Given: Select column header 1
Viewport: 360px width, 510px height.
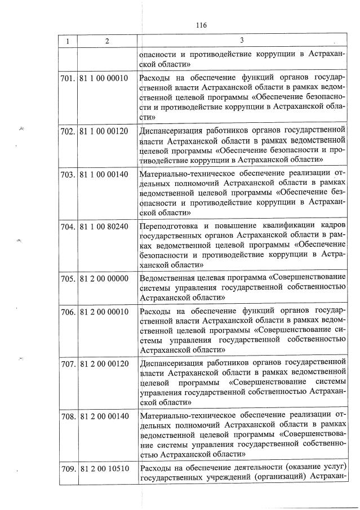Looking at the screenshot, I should coord(68,41).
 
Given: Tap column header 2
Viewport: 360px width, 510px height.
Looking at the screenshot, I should coord(105,41).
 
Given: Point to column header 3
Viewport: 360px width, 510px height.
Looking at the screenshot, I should coord(242,41).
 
